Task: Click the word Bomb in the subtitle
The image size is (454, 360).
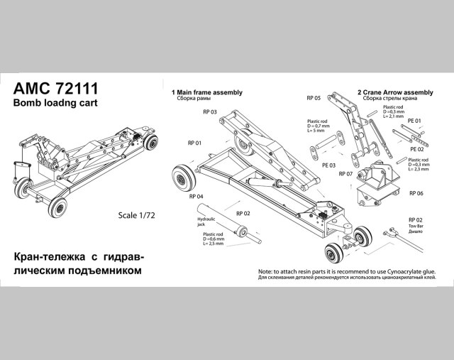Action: coord(27,102)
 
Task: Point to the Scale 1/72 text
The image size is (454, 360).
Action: coord(137,214)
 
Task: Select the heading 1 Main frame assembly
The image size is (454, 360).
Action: coord(206,92)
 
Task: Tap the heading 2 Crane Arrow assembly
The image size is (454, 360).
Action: coord(394,92)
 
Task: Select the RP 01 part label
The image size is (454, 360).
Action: coord(175,143)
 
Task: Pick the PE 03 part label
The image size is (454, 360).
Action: coord(329,165)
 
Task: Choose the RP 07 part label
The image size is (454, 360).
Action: coord(345,174)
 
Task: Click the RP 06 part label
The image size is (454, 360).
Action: coord(416,193)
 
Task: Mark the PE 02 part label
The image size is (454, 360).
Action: coord(417,150)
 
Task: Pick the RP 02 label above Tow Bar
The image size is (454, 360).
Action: coord(416,221)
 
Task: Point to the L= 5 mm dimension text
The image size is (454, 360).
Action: coord(316,131)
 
